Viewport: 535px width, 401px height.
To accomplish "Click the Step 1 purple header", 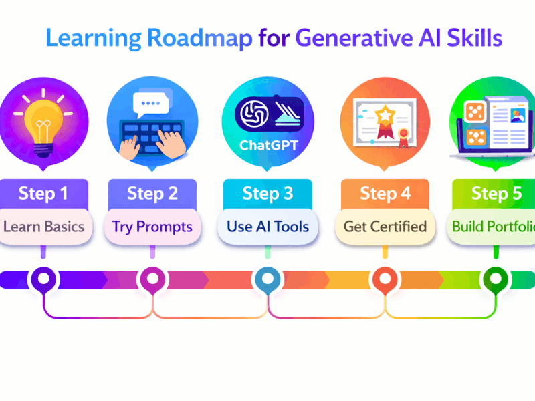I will (x=43, y=194).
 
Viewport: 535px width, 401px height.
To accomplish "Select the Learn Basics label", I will (x=43, y=226).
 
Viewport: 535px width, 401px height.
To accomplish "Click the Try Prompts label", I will (x=152, y=226).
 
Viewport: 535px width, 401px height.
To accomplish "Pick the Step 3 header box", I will (x=267, y=194).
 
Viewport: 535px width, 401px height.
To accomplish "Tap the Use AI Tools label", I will (x=267, y=226).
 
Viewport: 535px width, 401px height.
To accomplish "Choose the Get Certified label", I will (x=385, y=226).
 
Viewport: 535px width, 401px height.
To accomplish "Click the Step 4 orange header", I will (x=385, y=194).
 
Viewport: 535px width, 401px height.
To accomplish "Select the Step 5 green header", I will (x=496, y=194).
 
